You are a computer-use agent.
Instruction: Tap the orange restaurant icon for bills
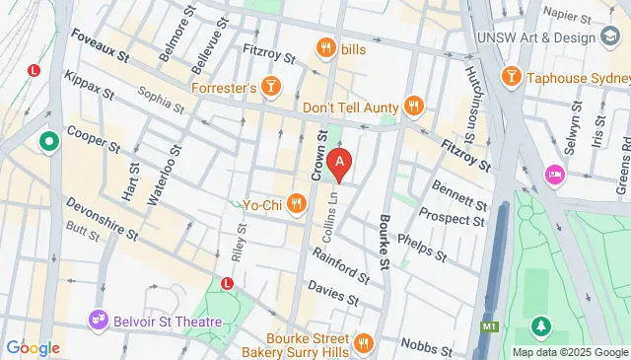click(x=324, y=47)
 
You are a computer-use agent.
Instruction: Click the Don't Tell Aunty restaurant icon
click(x=413, y=107)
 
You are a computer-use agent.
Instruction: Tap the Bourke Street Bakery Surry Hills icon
click(x=363, y=343)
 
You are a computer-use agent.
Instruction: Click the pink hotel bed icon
click(x=554, y=175)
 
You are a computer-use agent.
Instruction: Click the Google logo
click(x=33, y=347)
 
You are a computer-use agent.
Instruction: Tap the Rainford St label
click(x=340, y=262)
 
